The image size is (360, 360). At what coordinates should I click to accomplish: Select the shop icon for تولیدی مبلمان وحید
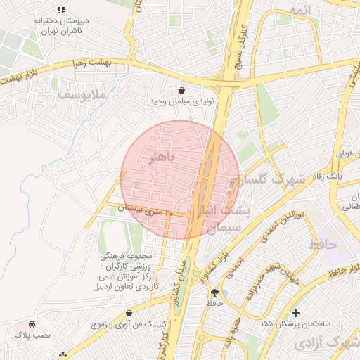click(x=183, y=90)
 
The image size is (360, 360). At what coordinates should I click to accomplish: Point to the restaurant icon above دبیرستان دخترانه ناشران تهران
click(x=61, y=10)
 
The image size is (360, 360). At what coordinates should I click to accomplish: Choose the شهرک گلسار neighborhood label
click(x=280, y=180)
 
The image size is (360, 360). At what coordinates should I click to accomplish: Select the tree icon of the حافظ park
click(x=214, y=292)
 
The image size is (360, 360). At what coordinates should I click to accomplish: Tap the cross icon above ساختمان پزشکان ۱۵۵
click(x=295, y=312)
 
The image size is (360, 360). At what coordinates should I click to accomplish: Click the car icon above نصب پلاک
click(x=32, y=325)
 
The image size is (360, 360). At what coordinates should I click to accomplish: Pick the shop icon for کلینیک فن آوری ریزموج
click(x=128, y=314)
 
